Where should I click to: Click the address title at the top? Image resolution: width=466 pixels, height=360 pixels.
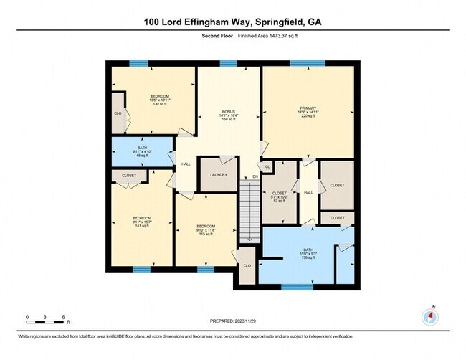tap(233, 22)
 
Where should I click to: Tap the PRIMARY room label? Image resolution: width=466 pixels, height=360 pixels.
tap(307, 112)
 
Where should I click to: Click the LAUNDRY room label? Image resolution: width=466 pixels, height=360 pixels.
tap(218, 175)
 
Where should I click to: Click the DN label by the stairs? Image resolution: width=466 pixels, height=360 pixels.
tap(255, 176)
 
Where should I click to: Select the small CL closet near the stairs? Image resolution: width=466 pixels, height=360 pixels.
tap(267, 166)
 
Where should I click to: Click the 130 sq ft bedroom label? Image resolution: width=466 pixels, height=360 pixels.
tap(160, 100)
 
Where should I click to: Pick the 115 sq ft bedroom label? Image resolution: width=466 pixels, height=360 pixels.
tap(206, 230)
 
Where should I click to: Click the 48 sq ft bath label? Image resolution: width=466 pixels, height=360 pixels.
tap(141, 152)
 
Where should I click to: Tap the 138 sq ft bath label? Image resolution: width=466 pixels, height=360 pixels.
tap(307, 255)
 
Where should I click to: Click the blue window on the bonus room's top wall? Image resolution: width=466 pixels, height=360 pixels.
tap(228, 63)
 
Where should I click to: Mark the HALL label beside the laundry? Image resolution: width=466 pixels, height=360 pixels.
tap(186, 164)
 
